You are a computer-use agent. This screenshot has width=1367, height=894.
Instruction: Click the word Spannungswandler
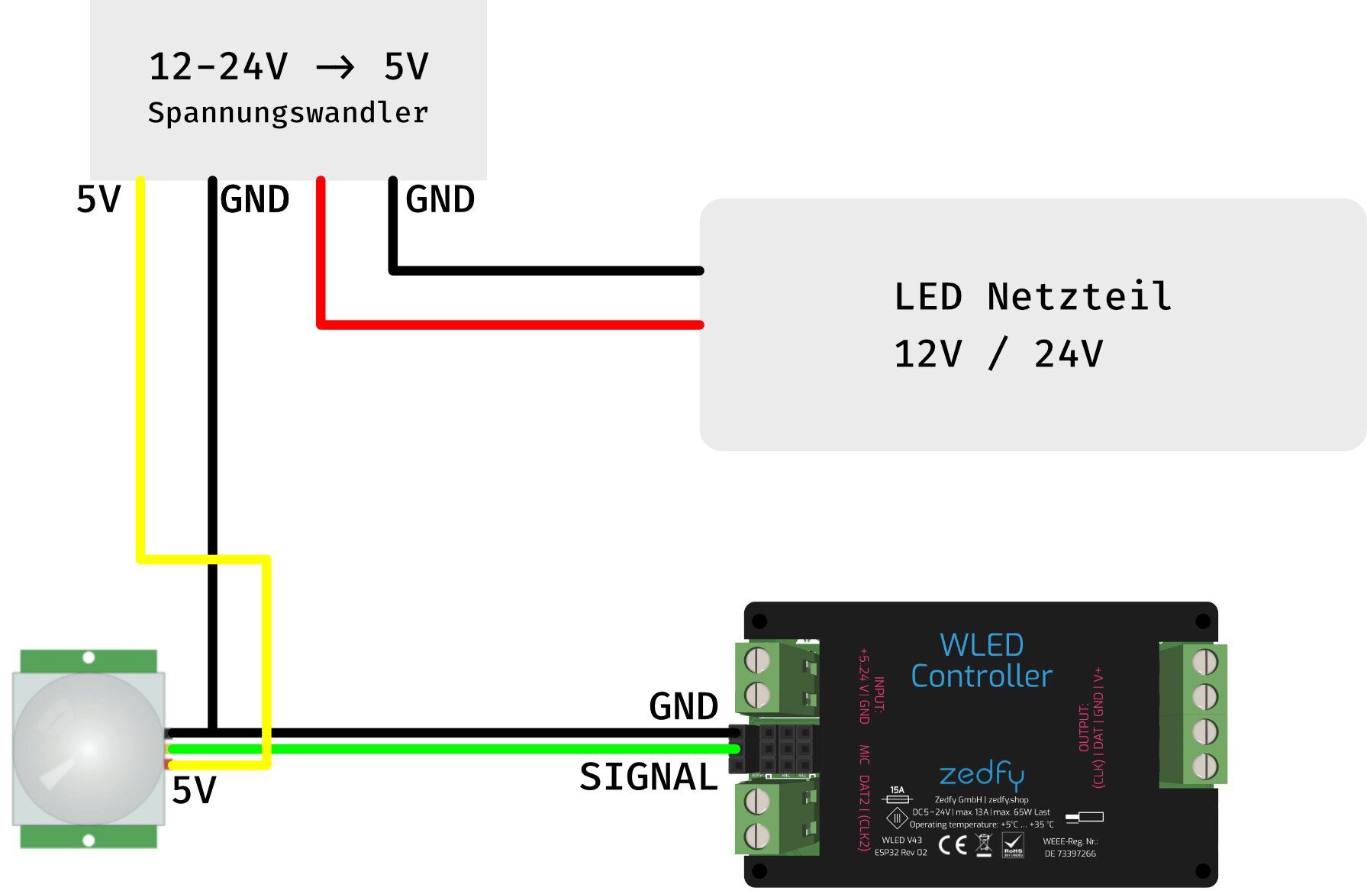(x=288, y=113)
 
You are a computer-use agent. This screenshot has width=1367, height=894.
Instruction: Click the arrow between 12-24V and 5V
(x=335, y=68)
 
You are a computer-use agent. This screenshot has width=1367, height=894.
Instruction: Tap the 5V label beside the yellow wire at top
(x=98, y=200)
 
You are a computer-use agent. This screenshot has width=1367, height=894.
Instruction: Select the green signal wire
(x=458, y=749)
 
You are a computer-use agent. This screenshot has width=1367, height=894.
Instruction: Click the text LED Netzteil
(x=1032, y=296)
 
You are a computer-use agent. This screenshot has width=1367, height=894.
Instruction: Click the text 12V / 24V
(x=998, y=354)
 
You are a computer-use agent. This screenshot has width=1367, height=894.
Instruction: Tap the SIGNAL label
(x=649, y=777)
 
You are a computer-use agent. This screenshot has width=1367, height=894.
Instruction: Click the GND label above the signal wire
(x=683, y=706)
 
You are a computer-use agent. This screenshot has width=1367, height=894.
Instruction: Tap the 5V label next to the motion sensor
(x=194, y=790)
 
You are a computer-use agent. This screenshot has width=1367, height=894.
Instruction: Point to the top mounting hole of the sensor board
(x=89, y=657)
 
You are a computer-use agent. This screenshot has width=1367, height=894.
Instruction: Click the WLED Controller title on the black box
(x=982, y=661)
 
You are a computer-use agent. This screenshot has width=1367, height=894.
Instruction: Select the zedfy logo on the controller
(x=982, y=774)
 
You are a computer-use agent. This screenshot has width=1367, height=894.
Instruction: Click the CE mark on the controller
(x=953, y=844)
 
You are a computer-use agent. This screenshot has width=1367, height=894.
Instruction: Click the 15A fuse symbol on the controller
(x=897, y=796)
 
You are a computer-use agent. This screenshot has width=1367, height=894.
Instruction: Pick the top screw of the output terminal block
(x=1204, y=662)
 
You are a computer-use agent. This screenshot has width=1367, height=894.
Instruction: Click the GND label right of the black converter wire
(x=254, y=200)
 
